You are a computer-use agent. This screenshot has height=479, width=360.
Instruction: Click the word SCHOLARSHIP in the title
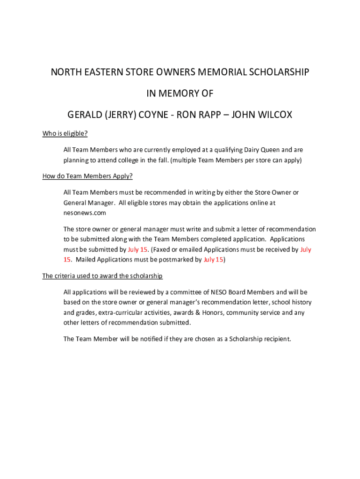pos(279,73)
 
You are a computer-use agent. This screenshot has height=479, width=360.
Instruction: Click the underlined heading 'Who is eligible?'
pos(65,134)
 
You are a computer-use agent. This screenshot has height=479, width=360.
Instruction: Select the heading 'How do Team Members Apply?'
pos(87,176)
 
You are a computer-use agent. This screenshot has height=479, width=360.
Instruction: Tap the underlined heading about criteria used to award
pos(102,276)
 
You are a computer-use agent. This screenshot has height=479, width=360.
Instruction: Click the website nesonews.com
pos(85,213)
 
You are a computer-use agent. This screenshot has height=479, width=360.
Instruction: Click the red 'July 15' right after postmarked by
pos(213,260)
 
